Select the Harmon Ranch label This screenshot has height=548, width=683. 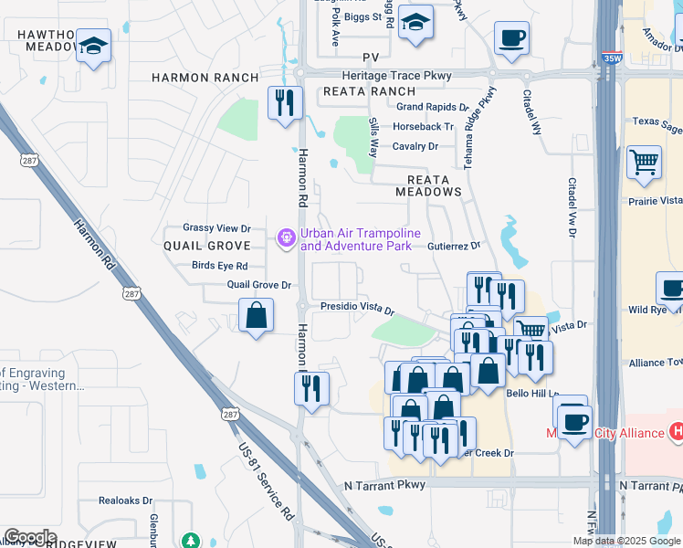tap(205, 78)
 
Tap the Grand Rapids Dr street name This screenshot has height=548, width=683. tap(431, 107)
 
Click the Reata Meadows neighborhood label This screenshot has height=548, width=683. tap(428, 185)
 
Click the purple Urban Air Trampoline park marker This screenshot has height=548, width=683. tap(286, 238)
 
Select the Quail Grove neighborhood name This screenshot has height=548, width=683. tap(207, 247)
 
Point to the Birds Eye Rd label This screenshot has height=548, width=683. tap(220, 266)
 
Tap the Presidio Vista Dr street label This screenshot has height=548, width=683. tap(357, 310)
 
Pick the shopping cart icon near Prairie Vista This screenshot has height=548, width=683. tap(644, 163)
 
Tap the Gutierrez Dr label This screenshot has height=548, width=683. tap(454, 246)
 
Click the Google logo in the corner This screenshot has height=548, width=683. tap(30, 537)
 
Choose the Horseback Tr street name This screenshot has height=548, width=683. tap(424, 127)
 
